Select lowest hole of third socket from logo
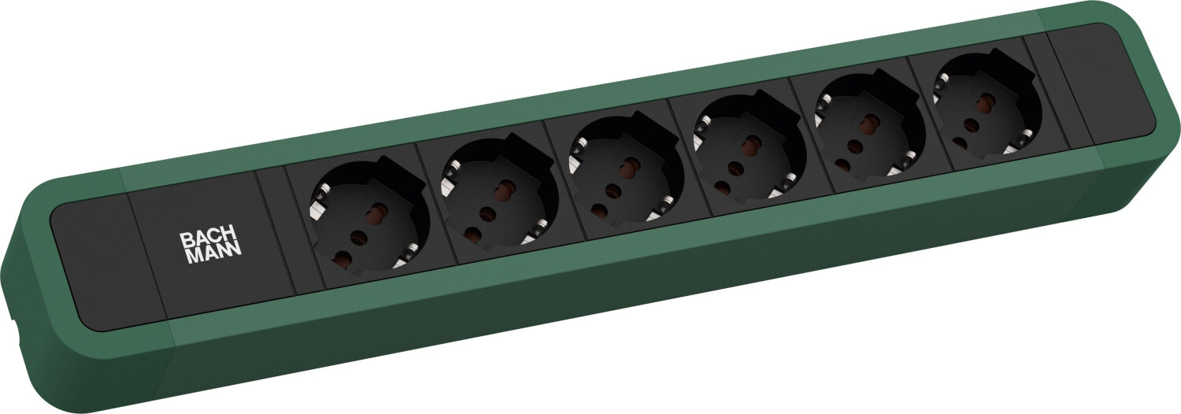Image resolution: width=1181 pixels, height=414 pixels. pos(599,210)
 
